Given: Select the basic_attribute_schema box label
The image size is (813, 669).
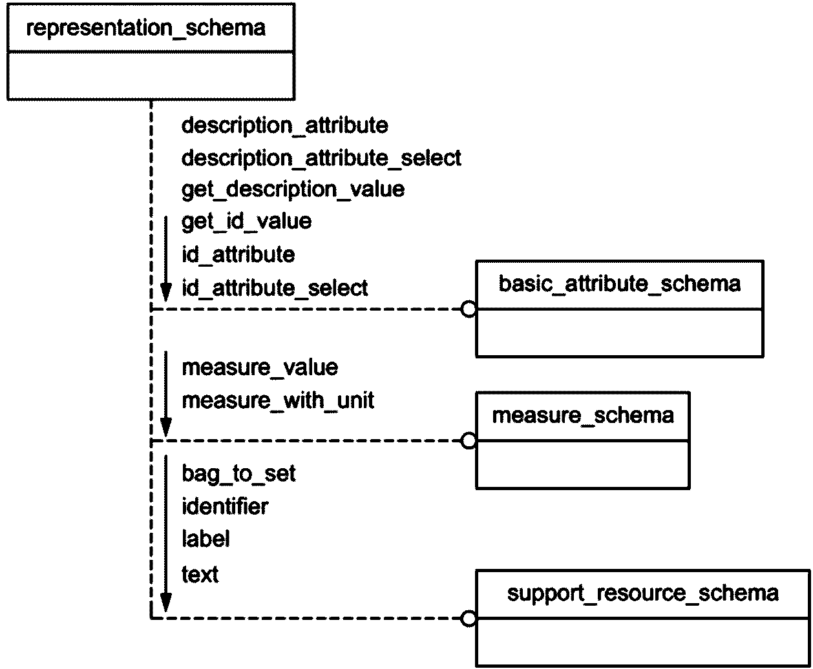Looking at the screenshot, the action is pyautogui.click(x=620, y=284).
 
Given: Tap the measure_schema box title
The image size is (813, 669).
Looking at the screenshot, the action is pyautogui.click(x=583, y=416).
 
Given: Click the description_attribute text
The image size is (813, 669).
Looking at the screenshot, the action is pyautogui.click(x=284, y=126).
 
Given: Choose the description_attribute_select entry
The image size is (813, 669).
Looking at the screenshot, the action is pyautogui.click(x=321, y=159).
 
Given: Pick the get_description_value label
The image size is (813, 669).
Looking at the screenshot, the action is pyautogui.click(x=293, y=190).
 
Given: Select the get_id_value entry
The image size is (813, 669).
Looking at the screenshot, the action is pyautogui.click(x=246, y=222).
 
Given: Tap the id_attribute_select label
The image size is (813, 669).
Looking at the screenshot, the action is pyautogui.click(x=275, y=289).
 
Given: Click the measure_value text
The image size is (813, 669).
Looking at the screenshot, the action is pyautogui.click(x=260, y=368).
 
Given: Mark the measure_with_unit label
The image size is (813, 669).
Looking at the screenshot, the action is pyautogui.click(x=278, y=401).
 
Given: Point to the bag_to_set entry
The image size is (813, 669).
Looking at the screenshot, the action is pyautogui.click(x=238, y=474).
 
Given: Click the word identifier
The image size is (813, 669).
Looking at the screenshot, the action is pyautogui.click(x=225, y=507).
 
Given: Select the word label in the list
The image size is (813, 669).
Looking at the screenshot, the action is pyautogui.click(x=206, y=539).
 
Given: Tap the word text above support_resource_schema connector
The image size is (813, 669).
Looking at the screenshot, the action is pyautogui.click(x=200, y=575).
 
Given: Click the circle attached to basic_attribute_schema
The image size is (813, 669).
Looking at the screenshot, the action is pyautogui.click(x=469, y=309).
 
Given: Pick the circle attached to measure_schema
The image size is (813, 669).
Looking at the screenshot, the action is pyautogui.click(x=469, y=440).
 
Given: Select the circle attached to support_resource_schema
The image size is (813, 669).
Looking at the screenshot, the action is pyautogui.click(x=469, y=619).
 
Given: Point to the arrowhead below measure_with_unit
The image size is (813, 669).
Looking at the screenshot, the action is pyautogui.click(x=166, y=427).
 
